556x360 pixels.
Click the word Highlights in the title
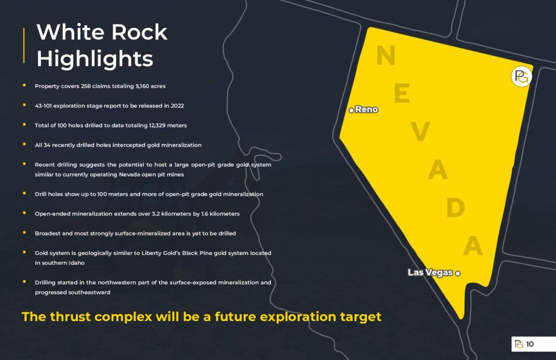click(95, 59)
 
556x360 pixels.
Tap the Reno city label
click(366, 110)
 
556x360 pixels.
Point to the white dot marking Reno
click(351, 110)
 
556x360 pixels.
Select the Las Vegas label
click(430, 272)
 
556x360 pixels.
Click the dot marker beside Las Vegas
click(458, 273)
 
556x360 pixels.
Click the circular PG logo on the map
click(522, 76)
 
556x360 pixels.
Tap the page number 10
click(530, 344)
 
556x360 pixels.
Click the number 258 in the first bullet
click(86, 86)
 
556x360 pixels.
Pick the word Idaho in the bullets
click(76, 263)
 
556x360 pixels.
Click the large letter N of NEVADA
click(386, 56)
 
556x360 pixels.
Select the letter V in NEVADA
click(420, 131)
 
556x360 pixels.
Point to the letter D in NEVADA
click(456, 208)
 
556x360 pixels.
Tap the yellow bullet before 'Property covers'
click(24, 85)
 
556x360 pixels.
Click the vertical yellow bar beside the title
click(24, 46)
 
